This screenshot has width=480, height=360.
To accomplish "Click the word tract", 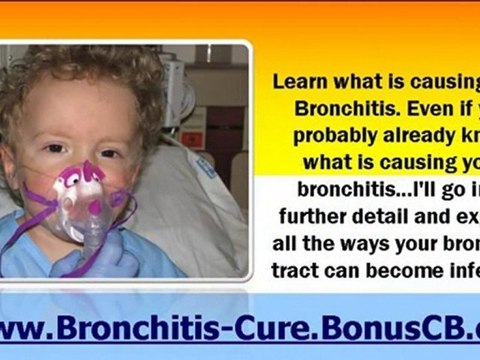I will (303, 267).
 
